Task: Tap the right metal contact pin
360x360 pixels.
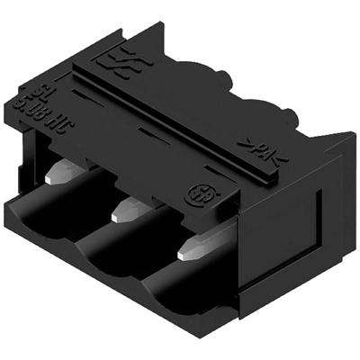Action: point(193,248)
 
